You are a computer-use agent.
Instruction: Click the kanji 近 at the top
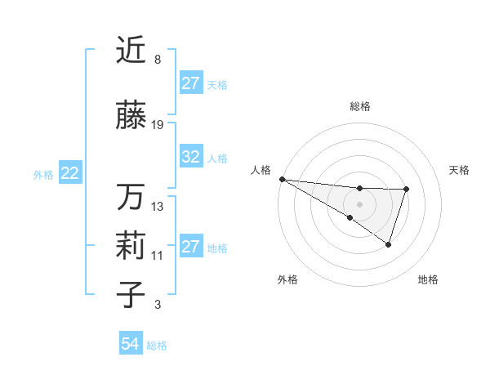point(131,51)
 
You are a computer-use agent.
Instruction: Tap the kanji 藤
point(131,116)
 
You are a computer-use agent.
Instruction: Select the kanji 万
point(131,197)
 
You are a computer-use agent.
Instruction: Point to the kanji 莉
point(131,247)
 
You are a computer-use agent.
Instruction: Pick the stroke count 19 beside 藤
point(158,125)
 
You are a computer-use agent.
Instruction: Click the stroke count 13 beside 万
point(158,206)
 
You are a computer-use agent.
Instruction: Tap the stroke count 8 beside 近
point(157,60)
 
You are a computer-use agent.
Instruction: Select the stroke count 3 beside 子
point(157,305)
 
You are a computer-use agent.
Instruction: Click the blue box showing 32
point(191,157)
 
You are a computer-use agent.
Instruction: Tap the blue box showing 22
point(69,173)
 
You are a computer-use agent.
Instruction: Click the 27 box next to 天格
point(191,83)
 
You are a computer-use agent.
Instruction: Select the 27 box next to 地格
point(191,247)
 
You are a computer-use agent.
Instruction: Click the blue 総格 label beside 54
point(157,346)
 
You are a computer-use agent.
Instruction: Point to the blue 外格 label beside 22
point(43,174)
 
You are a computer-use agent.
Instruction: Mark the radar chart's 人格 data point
point(282,179)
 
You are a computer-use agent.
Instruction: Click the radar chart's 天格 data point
point(406,190)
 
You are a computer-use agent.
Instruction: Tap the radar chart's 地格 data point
point(389,244)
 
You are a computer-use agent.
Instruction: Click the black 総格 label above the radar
point(359,106)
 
